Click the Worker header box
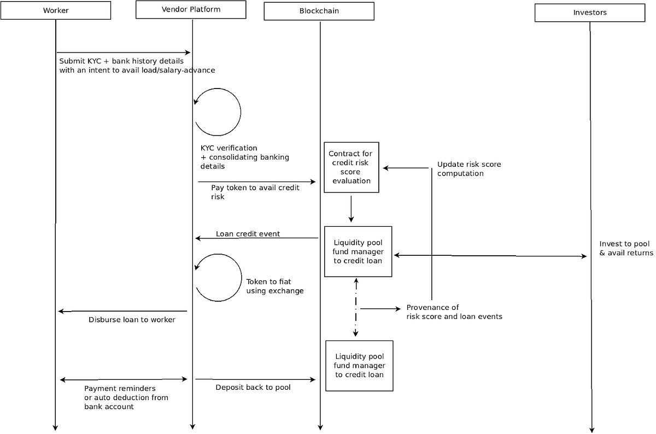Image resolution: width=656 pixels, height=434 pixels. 56,10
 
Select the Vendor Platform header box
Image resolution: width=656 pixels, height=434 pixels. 191,10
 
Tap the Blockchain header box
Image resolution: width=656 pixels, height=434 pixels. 319,11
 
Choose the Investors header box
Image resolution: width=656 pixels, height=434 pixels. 590,13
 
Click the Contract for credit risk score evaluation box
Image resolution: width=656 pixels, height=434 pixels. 352,167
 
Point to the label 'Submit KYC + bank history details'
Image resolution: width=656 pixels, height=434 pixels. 121,61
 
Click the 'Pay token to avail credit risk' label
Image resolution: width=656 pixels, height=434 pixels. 255,192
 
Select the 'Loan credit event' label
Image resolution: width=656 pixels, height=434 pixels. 248,234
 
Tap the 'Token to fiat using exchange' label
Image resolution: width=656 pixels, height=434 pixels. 274,286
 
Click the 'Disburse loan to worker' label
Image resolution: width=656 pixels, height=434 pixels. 132,320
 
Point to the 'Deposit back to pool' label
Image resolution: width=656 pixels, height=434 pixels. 253,387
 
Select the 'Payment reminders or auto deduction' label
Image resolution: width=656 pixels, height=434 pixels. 126,397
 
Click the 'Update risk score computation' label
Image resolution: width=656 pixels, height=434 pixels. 469,169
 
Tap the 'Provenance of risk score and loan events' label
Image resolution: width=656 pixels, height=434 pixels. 454,312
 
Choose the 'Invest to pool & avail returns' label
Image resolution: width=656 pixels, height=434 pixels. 626,248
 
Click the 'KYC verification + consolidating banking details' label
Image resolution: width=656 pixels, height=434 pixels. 244,157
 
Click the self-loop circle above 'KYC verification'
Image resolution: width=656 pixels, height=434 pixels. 241,112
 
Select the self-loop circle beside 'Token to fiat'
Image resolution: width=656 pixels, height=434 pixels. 242,278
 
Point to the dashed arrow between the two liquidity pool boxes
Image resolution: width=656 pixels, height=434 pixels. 356,307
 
